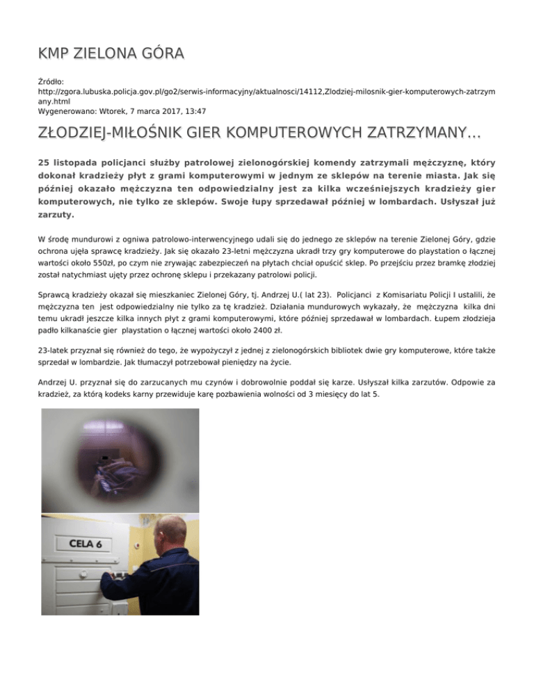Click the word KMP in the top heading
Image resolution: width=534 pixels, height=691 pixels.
click(56, 53)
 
